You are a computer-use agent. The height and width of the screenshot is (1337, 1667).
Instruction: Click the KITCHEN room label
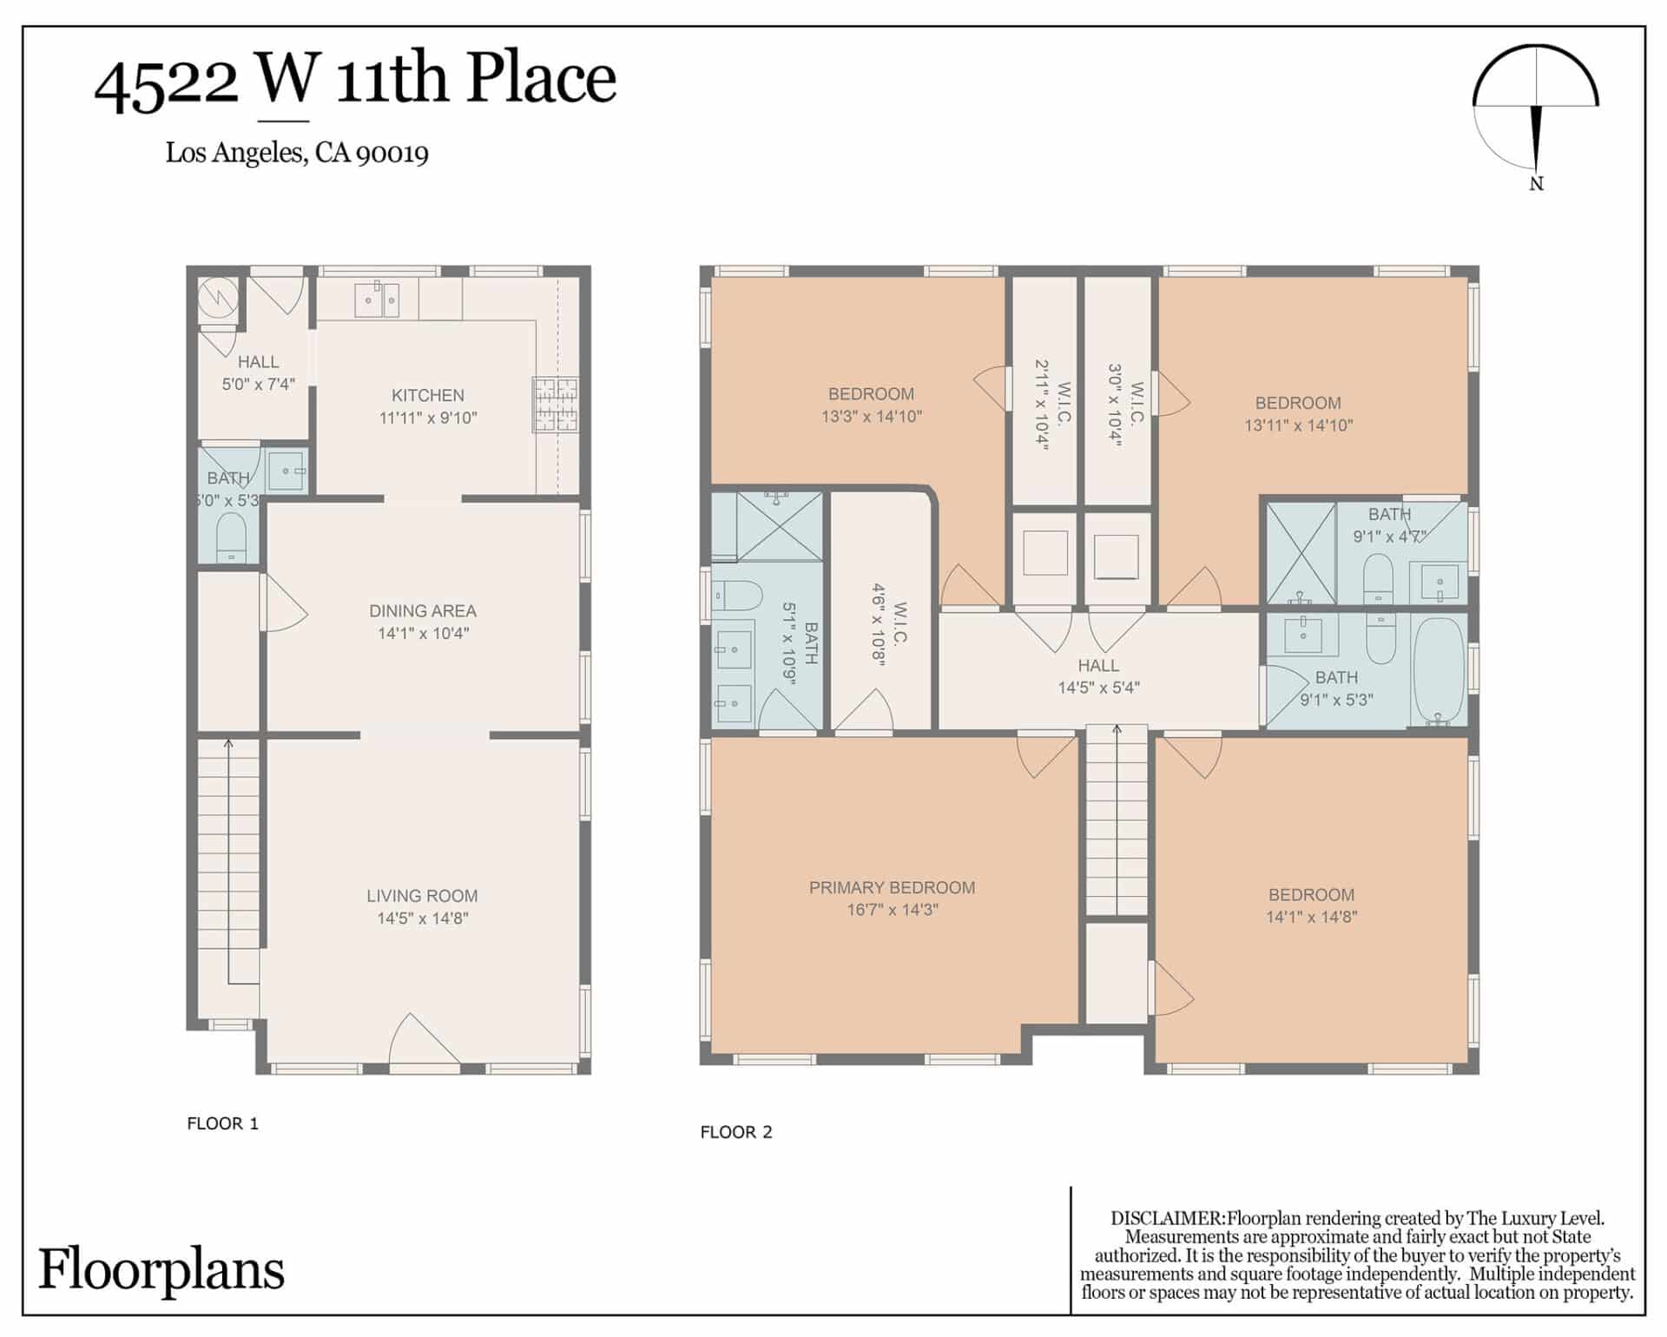click(x=427, y=395)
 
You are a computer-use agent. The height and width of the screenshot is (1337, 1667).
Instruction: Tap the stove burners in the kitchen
click(x=556, y=405)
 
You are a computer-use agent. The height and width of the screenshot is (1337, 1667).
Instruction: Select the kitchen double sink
click(x=377, y=300)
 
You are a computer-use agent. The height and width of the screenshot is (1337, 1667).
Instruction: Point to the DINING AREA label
click(x=423, y=610)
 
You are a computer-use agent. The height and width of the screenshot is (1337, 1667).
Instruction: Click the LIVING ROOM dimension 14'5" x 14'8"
click(x=423, y=919)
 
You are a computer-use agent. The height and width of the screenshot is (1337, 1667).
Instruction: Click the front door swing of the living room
click(x=424, y=1037)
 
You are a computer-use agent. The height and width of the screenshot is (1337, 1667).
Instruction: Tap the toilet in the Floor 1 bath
click(x=231, y=537)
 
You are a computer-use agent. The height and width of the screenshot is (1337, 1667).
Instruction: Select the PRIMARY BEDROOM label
click(x=892, y=887)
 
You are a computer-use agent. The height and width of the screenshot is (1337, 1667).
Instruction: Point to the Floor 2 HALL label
click(x=1098, y=666)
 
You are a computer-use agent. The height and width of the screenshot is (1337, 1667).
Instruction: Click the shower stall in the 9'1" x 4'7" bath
click(x=1301, y=553)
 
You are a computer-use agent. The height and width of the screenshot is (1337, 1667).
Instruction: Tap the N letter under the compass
click(x=1536, y=184)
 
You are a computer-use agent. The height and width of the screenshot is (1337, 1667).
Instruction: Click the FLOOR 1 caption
click(x=222, y=1123)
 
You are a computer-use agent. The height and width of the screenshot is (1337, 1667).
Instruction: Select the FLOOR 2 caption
click(x=736, y=1132)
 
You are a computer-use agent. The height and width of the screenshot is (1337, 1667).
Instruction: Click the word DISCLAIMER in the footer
click(x=1168, y=1218)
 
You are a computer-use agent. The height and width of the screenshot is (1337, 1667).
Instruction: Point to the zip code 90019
click(x=392, y=154)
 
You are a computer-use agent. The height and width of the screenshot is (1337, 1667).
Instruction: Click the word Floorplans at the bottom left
click(x=161, y=1269)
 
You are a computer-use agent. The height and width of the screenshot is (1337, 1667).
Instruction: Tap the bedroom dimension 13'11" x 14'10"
click(x=1298, y=425)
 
